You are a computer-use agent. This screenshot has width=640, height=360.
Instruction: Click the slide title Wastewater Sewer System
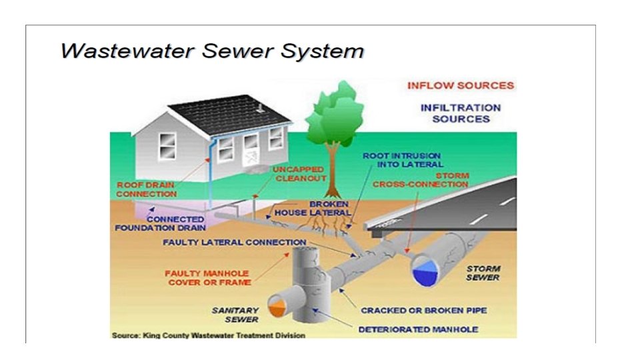[212, 51]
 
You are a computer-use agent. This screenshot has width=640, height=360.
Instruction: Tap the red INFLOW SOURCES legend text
[460, 85]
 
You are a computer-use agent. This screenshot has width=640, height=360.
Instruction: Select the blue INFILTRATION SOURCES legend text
[460, 113]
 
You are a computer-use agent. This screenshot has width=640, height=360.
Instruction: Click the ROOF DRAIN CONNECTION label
[147, 189]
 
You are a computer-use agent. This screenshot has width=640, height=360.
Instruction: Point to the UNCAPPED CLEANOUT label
[299, 174]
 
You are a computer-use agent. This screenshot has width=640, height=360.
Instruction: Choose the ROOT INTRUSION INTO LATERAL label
[403, 159]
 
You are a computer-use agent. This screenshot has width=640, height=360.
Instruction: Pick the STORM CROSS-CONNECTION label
[420, 179]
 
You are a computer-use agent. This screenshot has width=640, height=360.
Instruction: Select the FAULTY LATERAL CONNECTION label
[234, 242]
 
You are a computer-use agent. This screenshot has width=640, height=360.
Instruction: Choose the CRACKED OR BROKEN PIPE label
[423, 310]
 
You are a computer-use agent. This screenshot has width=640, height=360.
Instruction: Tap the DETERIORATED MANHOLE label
[418, 329]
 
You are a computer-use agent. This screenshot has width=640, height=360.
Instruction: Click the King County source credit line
[208, 335]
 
